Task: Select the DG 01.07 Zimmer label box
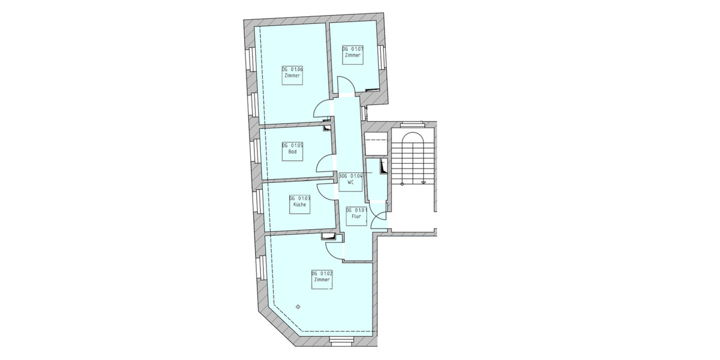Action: point(353,52)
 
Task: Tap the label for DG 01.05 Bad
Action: point(292,149)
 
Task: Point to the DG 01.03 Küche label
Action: point(299,202)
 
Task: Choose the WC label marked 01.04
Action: point(351,179)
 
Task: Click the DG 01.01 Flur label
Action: point(356,213)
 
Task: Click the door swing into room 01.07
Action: point(345,87)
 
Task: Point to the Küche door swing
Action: point(325,190)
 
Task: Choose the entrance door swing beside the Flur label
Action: point(379,220)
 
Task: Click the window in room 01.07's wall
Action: point(382,56)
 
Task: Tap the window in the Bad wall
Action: point(256,151)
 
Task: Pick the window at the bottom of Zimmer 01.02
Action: point(342,340)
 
